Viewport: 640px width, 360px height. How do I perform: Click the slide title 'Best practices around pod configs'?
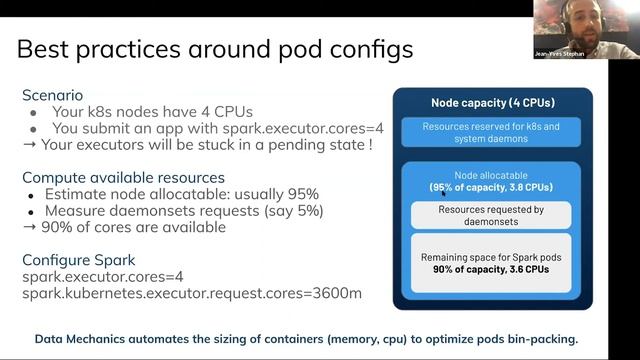[215, 48]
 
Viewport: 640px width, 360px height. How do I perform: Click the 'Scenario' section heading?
[53, 95]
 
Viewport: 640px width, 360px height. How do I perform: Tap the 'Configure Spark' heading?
[79, 259]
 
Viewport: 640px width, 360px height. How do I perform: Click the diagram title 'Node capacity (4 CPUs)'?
[492, 102]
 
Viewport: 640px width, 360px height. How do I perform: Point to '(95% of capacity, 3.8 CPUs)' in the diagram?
[491, 187]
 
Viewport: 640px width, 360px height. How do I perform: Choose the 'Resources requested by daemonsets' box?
[491, 215]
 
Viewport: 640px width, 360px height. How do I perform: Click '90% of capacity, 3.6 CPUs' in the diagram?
[491, 269]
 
